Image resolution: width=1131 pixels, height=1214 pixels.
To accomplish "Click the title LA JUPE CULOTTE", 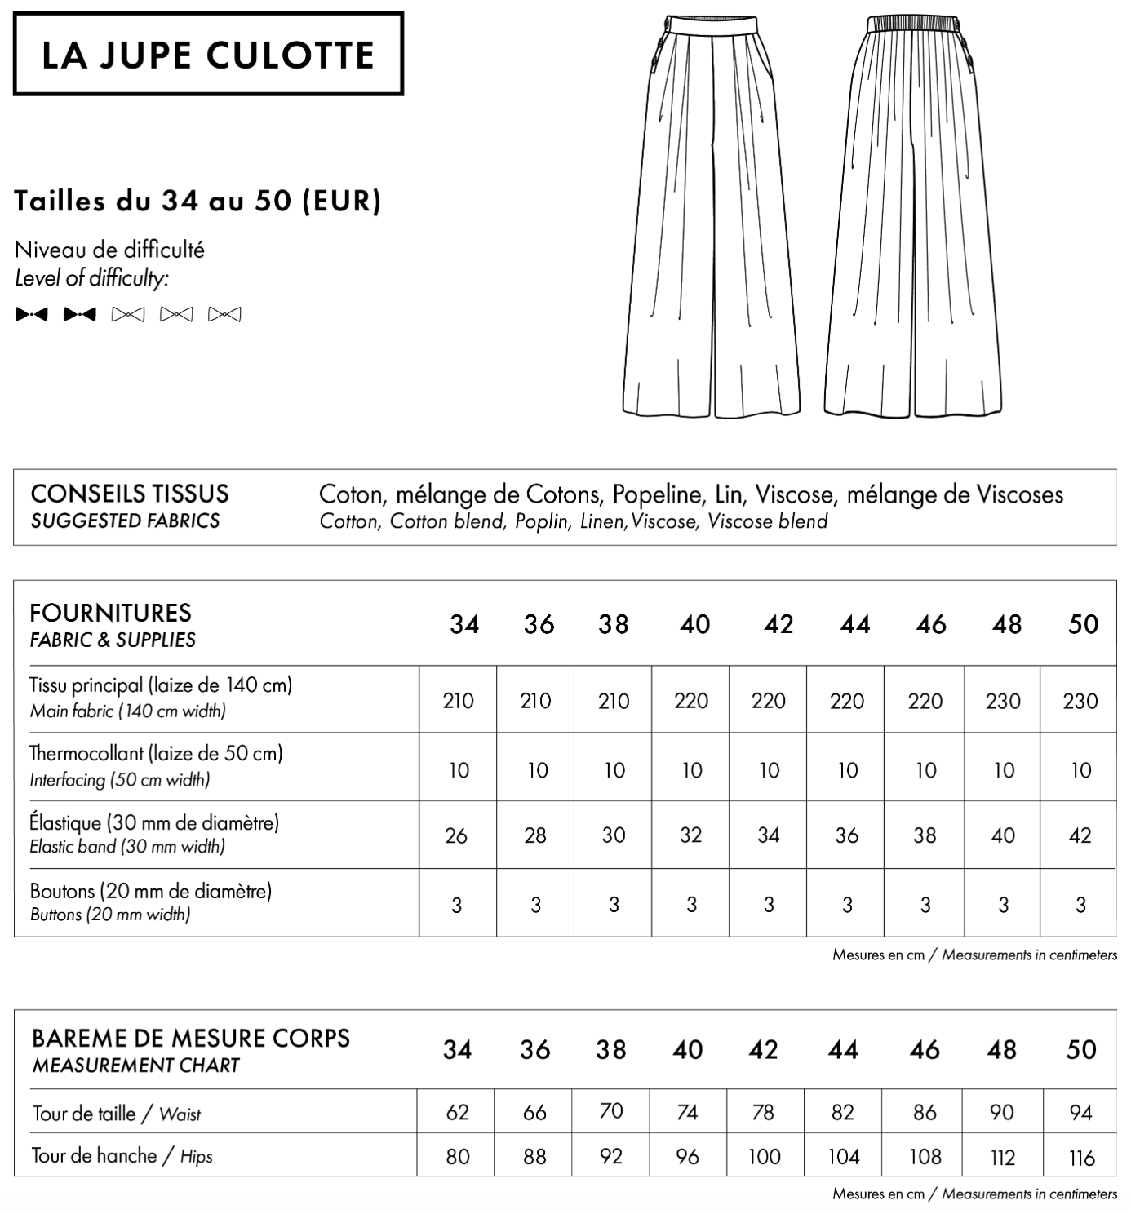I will click(x=208, y=55).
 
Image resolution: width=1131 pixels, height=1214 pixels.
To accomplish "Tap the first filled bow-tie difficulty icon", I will click(x=32, y=314).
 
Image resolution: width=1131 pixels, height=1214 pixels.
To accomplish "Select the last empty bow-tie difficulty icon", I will click(x=224, y=314).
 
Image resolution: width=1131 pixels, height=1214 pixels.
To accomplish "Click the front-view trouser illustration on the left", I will click(x=711, y=220).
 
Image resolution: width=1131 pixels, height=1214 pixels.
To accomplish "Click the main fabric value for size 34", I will click(x=458, y=701).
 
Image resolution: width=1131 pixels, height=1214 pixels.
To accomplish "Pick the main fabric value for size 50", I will click(x=1080, y=701).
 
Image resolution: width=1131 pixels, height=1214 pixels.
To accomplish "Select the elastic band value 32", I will click(x=691, y=835).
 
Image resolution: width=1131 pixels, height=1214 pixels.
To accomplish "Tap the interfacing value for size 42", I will click(x=769, y=770).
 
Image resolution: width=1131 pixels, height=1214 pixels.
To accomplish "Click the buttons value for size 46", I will click(x=925, y=905).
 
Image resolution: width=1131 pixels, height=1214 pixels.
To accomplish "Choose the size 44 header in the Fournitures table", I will click(x=854, y=625).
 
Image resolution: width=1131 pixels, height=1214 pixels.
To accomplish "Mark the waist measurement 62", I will click(x=457, y=1112).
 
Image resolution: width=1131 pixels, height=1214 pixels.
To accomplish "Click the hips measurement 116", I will click(x=1081, y=1157).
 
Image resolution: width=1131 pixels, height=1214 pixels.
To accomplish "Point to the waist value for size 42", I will click(x=763, y=1112).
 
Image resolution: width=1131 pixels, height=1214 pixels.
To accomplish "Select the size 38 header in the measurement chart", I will click(x=611, y=1050).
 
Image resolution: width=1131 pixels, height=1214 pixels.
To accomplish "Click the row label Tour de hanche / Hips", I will click(x=122, y=1156).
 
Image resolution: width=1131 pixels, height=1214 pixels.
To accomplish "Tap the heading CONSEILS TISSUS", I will click(x=130, y=494).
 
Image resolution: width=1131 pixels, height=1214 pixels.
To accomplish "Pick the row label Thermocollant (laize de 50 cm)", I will click(x=156, y=753).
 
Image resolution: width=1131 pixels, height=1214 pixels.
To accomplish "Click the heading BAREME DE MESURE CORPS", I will click(x=190, y=1039).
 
